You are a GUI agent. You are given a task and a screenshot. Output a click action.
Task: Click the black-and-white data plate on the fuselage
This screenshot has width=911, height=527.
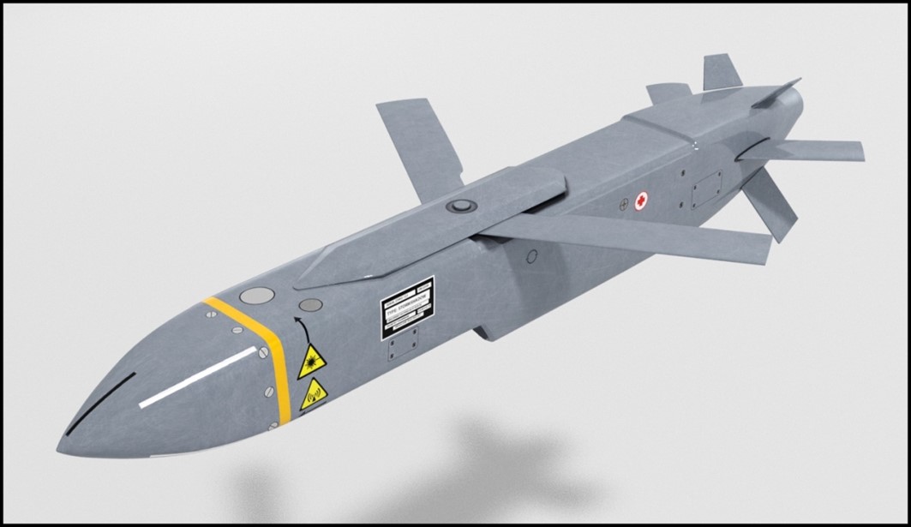coord(407,308)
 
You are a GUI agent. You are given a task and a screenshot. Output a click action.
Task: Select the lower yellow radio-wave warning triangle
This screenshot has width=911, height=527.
coord(314,395)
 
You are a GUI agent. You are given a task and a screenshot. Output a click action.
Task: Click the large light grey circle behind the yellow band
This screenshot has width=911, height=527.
coord(256,296)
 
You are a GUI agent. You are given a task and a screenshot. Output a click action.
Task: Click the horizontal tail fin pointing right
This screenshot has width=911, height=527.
coord(814,150)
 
